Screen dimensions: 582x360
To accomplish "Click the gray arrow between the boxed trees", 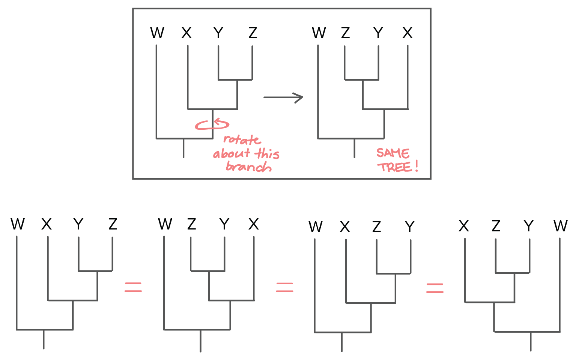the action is [283, 97].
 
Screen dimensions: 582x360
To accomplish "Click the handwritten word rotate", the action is [242, 140].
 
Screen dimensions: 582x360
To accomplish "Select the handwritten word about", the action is [232, 153].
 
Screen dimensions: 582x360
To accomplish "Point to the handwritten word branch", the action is [249, 166].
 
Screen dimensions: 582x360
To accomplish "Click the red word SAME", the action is [393, 153].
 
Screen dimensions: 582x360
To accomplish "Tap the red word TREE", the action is [394, 167].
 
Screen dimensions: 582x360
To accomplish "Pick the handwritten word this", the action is [267, 153].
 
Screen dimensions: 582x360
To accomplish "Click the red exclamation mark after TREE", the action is [417, 166].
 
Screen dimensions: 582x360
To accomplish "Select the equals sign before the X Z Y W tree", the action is [435, 288].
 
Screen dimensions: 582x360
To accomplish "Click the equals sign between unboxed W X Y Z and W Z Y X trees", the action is [133, 287].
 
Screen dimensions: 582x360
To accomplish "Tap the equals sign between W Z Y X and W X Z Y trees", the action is [284, 288].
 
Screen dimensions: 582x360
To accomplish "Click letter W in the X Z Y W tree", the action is [561, 226].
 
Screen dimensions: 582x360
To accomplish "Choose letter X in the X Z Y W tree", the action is [464, 226].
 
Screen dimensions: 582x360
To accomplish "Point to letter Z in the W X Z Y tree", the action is [376, 226].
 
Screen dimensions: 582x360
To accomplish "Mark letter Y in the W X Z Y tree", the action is [410, 226].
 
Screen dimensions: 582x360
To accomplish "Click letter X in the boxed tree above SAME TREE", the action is [408, 33].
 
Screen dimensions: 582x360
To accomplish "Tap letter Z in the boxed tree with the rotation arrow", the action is [253, 33].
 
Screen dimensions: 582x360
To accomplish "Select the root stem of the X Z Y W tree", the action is [531, 341].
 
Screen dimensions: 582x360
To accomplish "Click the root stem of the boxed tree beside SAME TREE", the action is [354, 148].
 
